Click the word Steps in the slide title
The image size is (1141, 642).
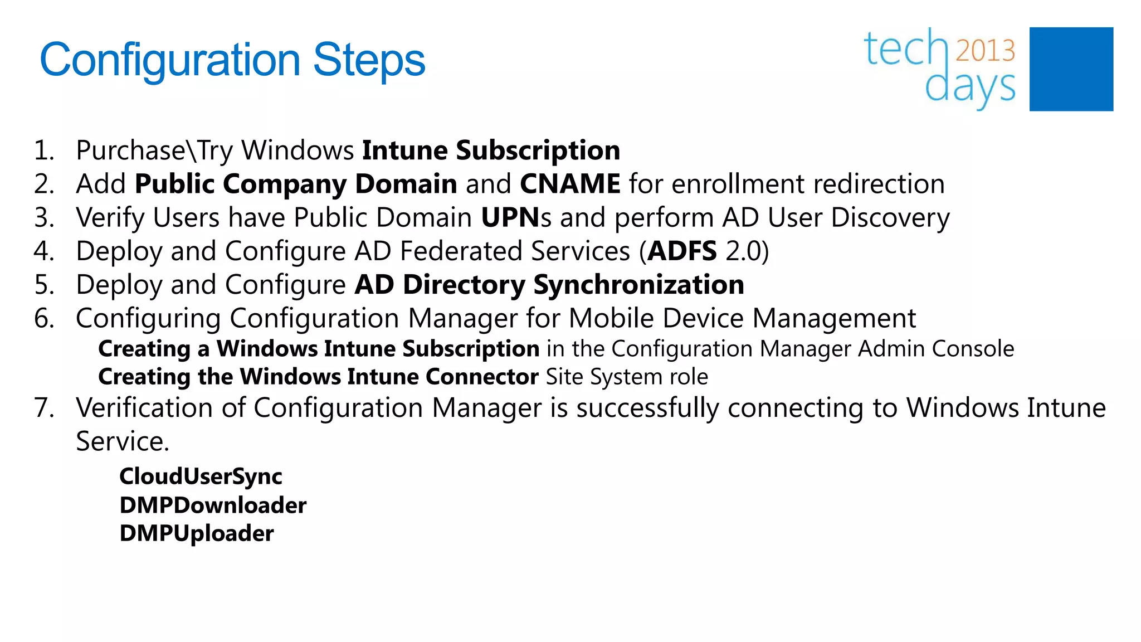coord(369,60)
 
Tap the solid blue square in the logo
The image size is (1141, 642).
coord(1071,69)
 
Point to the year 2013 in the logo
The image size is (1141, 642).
coord(985,51)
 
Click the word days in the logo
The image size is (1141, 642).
coord(969,87)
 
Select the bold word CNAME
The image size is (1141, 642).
coord(570,184)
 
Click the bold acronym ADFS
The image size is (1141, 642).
coord(682,251)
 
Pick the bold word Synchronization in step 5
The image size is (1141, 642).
coord(638,285)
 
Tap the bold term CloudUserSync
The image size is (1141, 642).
coord(201,476)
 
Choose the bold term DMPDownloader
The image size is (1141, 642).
coord(213,505)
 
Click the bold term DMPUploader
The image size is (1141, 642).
coord(197,533)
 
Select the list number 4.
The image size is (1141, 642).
coord(43,251)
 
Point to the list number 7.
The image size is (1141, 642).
coord(43,407)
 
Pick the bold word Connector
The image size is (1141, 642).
coord(482,377)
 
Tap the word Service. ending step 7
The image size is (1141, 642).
coord(123,441)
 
